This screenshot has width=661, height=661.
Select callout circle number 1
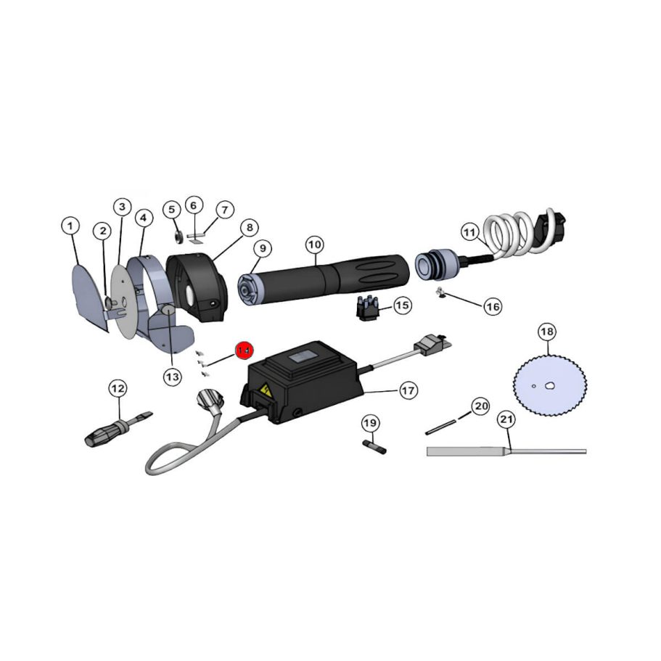point(70,226)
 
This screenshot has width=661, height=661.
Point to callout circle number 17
point(408,390)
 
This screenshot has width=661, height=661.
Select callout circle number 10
point(314,245)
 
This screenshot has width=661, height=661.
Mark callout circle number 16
point(493,307)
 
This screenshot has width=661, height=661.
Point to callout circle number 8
point(248,228)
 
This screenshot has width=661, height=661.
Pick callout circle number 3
point(122,207)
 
